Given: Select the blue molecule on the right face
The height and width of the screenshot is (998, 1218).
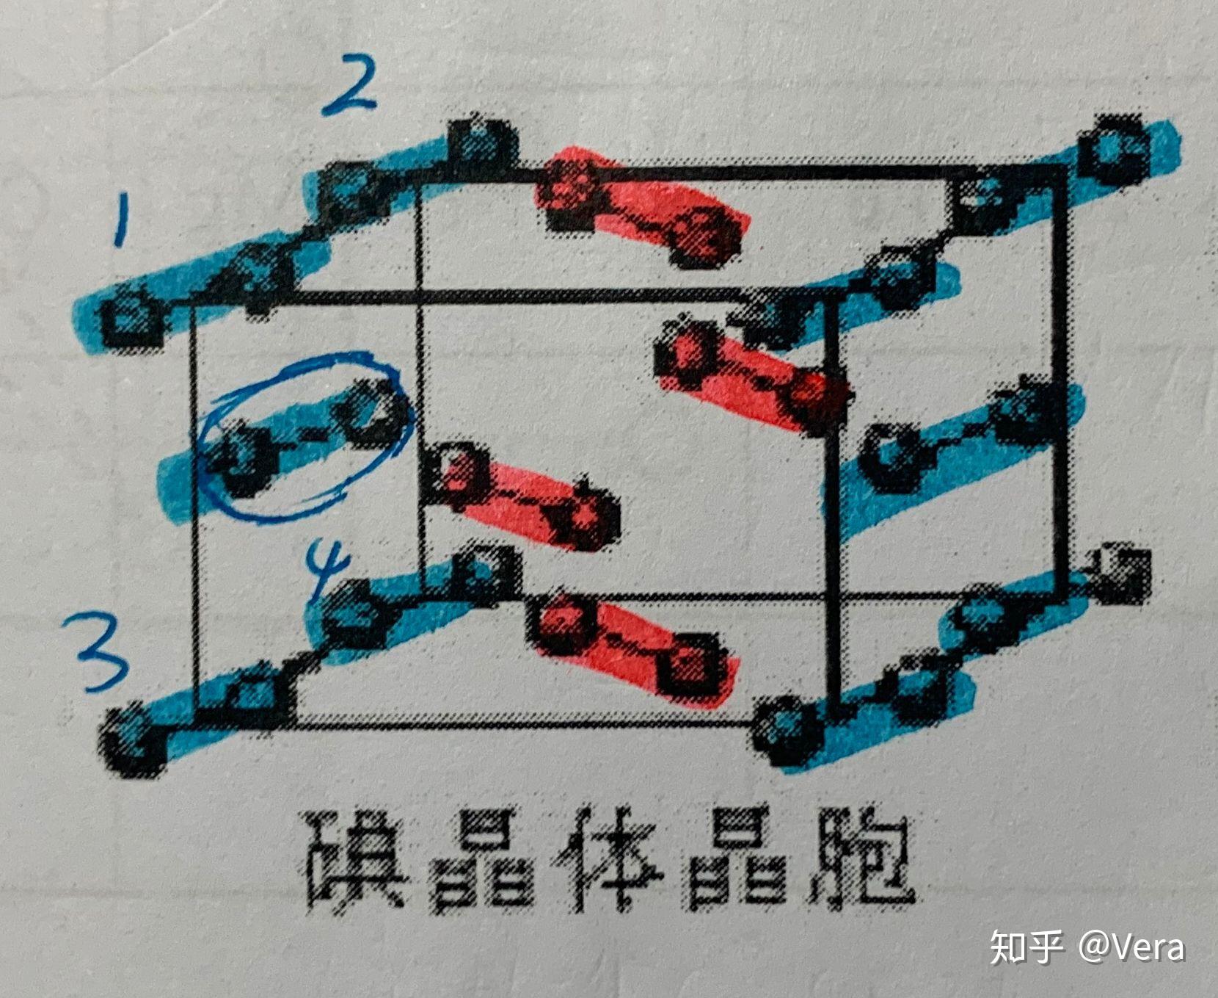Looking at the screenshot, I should [x=961, y=433].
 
